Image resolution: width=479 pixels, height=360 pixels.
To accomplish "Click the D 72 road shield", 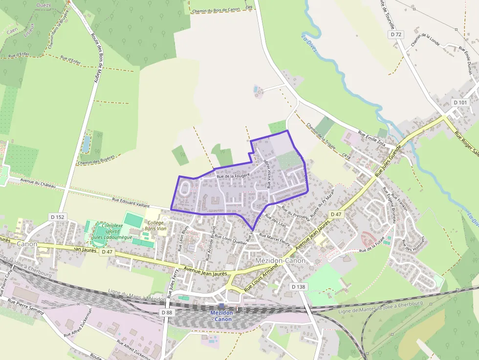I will pos(397,34).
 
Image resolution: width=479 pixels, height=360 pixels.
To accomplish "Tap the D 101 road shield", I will pos(460,103).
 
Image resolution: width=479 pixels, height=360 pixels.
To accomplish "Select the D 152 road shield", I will pos(57,217).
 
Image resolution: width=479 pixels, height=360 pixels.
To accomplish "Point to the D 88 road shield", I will pos(167,312).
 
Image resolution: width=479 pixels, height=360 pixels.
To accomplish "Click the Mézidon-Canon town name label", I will pos(280,260).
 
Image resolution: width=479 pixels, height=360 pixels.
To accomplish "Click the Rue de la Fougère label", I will pos(233,175).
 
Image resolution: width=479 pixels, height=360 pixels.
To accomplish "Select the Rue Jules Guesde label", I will pos(388,161).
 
